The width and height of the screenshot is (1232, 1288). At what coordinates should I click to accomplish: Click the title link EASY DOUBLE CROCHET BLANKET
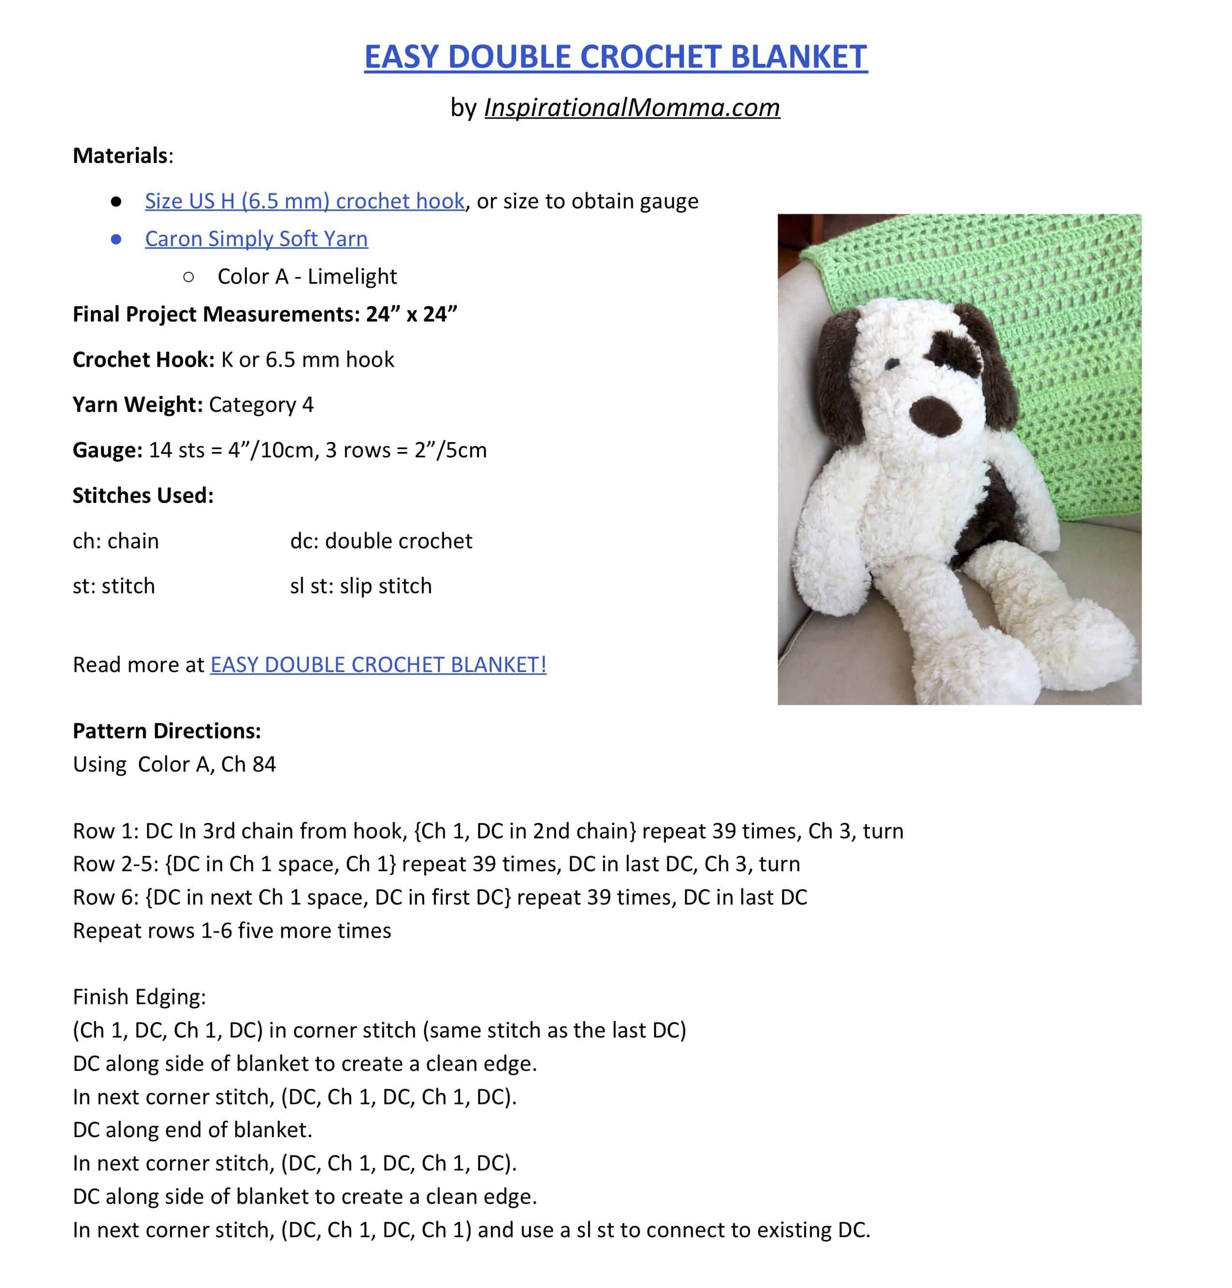615,57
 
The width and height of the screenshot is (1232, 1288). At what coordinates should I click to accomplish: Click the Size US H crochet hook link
304,201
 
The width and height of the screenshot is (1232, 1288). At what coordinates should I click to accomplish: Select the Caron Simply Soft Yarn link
256,238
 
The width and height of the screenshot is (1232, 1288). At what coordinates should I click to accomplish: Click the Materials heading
121,156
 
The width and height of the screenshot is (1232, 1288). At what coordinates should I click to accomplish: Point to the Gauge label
107,450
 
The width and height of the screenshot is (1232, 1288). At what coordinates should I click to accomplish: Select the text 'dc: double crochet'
381,541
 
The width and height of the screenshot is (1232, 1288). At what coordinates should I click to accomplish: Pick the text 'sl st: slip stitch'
361,586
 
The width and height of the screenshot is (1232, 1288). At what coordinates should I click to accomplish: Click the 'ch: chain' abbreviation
116,541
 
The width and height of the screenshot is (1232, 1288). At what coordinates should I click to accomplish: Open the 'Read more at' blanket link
377,665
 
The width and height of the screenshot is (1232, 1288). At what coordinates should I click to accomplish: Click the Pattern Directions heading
167,731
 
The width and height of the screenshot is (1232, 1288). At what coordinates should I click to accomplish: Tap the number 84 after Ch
264,764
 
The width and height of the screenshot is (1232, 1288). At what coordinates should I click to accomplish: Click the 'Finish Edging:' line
139,997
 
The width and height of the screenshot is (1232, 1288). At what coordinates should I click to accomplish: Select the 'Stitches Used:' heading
143,495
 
